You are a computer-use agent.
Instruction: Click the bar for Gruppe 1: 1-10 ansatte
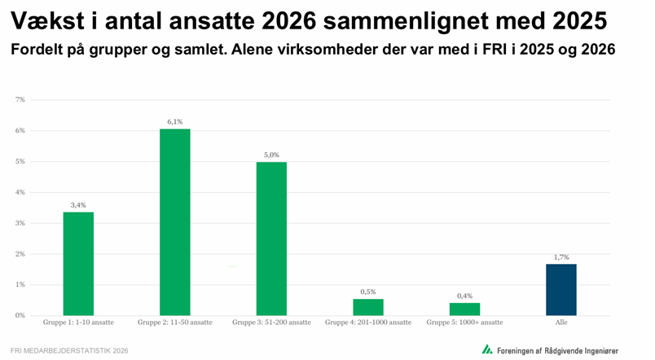click(x=78, y=263)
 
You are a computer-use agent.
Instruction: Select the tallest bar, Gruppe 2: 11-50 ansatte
click(x=174, y=222)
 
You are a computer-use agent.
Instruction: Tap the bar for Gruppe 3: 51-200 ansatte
click(x=271, y=238)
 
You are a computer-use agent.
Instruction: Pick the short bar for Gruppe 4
click(x=368, y=307)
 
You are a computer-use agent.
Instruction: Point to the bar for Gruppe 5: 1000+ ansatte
click(x=464, y=309)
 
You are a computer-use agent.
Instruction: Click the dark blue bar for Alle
click(x=561, y=289)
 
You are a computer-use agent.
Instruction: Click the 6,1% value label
click(x=174, y=121)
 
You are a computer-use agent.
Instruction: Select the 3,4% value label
click(x=78, y=205)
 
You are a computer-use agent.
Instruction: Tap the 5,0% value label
click(x=271, y=155)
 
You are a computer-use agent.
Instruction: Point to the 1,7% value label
click(x=561, y=257)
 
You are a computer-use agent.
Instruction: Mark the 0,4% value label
click(x=464, y=296)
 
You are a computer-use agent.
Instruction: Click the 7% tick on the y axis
click(x=20, y=99)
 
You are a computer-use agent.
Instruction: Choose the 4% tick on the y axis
click(x=20, y=192)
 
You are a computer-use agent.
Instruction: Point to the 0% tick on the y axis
click(x=20, y=315)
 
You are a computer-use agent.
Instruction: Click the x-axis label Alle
click(x=561, y=323)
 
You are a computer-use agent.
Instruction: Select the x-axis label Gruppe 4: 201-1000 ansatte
click(x=368, y=323)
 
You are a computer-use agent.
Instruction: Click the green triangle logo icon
click(x=486, y=349)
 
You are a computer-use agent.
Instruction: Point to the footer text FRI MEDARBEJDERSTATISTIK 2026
click(x=70, y=350)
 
